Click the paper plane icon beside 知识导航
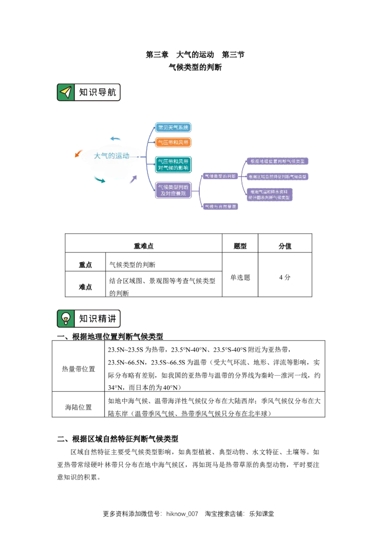point(66,92)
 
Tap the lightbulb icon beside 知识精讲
point(66,318)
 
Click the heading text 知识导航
point(97,92)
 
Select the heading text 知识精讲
point(97,318)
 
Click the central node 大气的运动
point(112,156)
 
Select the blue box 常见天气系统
point(173,128)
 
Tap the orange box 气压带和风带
point(173,142)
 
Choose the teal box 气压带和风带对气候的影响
point(173,164)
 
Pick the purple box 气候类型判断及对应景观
point(173,190)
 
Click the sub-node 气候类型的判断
point(220,176)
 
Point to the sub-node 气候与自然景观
point(220,206)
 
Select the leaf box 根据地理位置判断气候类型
point(277,161)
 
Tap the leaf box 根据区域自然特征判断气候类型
point(278,177)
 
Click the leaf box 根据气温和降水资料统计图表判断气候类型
point(270,194)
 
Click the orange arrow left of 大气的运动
point(78,153)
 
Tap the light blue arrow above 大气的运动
point(116,139)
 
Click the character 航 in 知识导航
point(111,92)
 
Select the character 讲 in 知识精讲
point(111,318)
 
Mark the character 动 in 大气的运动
point(125,156)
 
